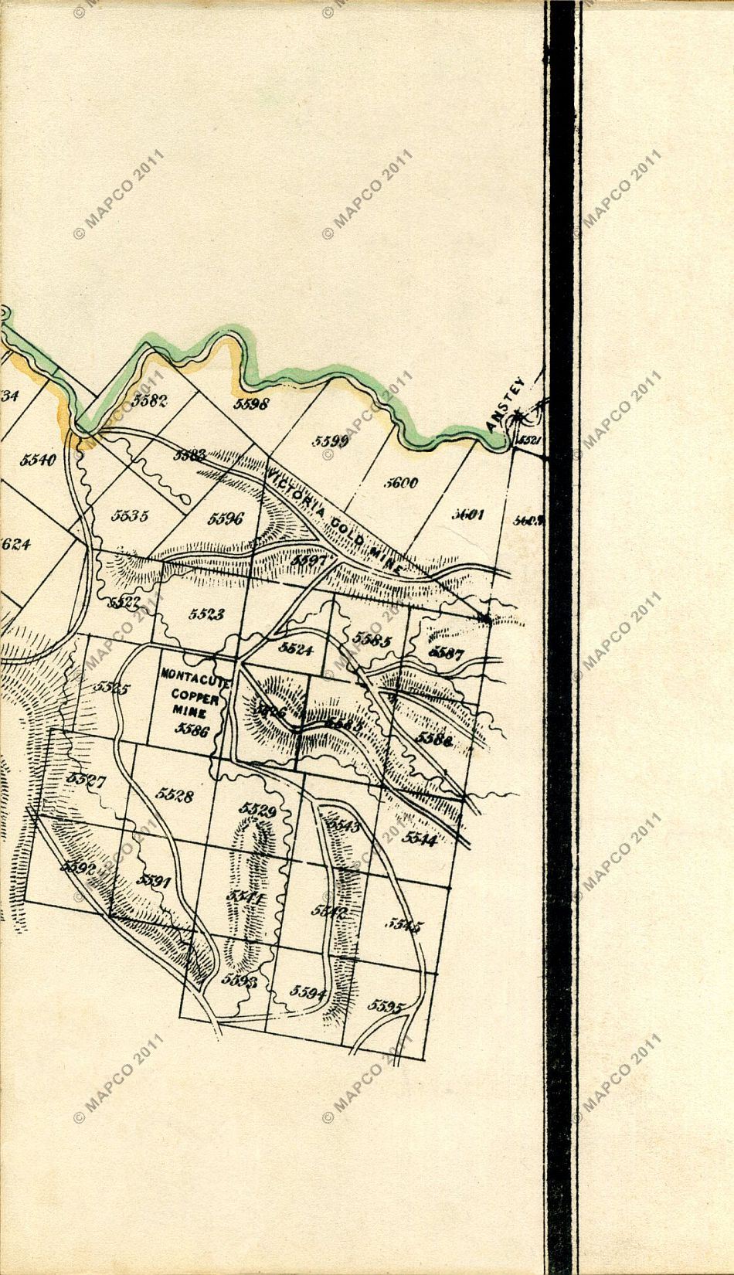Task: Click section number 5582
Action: tap(150, 399)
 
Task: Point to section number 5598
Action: tap(250, 404)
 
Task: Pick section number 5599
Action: tap(331, 441)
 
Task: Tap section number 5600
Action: tap(401, 483)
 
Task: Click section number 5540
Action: tap(38, 460)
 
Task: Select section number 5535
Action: tap(129, 515)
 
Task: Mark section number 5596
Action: tap(225, 518)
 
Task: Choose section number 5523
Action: tap(206, 614)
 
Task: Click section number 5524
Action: tap(296, 649)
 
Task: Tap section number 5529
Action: tap(257, 809)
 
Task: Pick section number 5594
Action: tap(307, 993)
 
